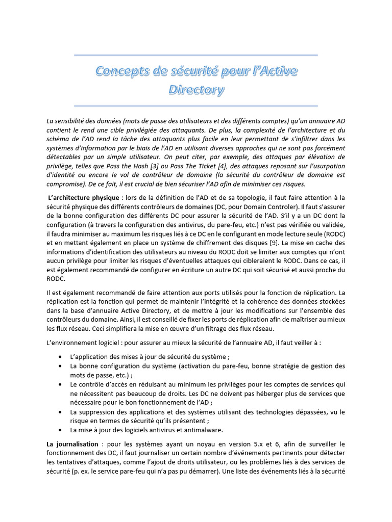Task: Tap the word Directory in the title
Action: [x=196, y=91]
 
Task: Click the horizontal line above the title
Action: [x=196, y=55]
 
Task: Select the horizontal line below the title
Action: [x=196, y=106]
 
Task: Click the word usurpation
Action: [x=326, y=166]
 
